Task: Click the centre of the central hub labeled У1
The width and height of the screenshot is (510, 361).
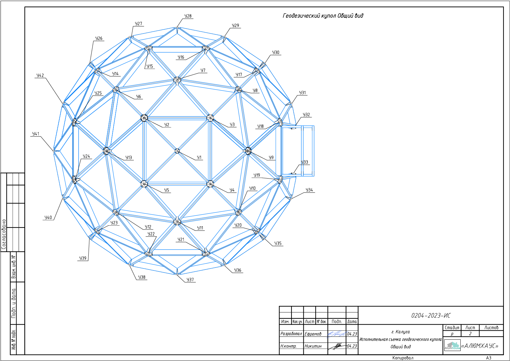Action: click(177, 151)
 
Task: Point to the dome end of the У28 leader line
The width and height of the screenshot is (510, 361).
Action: click(177, 27)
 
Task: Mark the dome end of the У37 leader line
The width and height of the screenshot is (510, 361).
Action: click(177, 275)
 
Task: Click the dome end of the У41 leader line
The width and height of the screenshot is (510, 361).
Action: click(54, 151)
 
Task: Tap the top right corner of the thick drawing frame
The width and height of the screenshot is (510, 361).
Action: click(504, 7)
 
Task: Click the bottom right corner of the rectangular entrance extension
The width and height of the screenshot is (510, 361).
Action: click(314, 176)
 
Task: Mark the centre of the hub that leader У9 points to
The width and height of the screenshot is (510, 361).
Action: click(248, 151)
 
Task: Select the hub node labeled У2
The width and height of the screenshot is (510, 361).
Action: click(144, 118)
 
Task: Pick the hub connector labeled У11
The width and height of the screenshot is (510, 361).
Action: click(177, 221)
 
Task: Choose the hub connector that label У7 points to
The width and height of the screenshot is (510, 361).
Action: click(177, 80)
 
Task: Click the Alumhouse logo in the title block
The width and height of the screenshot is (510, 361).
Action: click(452, 345)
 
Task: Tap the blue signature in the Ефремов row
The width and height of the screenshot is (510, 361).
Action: click(337, 334)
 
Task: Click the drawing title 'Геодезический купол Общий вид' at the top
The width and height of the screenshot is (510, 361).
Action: click(323, 16)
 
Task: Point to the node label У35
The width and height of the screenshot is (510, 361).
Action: click(278, 243)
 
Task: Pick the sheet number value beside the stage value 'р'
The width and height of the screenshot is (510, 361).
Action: click(470, 334)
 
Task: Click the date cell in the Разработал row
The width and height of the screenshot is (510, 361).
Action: click(352, 334)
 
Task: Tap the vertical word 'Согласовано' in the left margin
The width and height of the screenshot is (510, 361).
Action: click(4, 234)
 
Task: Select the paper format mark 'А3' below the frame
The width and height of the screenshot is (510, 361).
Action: click(489, 358)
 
